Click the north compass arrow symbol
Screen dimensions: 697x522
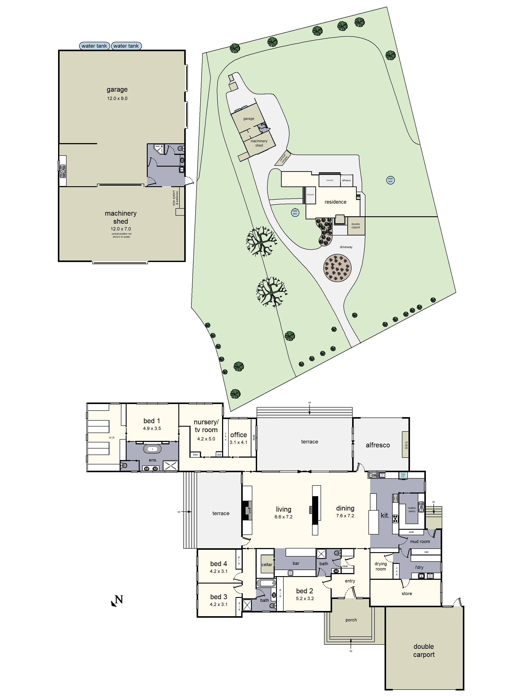tap(117, 601)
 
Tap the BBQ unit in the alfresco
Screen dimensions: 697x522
tap(406, 444)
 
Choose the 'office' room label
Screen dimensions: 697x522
tap(239, 435)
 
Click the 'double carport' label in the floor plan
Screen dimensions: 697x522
tap(423, 650)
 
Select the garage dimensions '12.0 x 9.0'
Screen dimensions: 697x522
tap(117, 98)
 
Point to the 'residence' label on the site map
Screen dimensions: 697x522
tap(335, 202)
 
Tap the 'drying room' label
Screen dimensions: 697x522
tap(380, 566)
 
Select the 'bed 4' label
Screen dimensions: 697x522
tap(218, 564)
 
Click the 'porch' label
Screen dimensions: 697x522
tap(351, 620)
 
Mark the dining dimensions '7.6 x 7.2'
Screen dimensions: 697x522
tap(345, 516)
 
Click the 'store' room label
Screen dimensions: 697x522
tap(407, 593)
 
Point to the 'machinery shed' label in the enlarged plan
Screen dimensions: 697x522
tap(120, 217)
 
